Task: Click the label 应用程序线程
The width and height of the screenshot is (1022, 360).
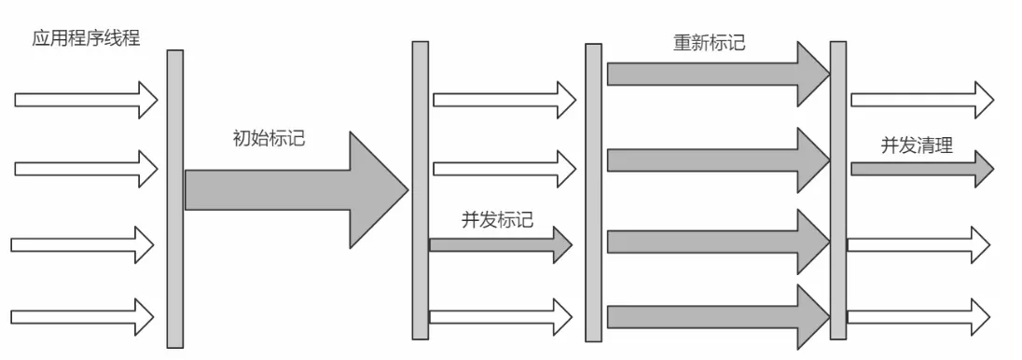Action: click(x=79, y=40)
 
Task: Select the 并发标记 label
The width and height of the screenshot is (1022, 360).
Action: click(x=497, y=220)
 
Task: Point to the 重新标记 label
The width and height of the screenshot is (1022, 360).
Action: click(x=709, y=43)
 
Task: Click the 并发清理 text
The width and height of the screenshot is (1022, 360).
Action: click(x=917, y=146)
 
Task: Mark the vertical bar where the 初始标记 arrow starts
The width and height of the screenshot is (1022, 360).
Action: click(x=175, y=198)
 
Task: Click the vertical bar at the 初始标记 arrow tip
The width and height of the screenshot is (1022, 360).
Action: click(x=420, y=190)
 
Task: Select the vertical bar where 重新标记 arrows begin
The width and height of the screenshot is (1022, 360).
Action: click(x=593, y=193)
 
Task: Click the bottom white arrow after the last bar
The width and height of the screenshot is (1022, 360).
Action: click(x=918, y=316)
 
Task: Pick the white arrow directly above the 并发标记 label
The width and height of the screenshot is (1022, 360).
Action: click(x=504, y=169)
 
